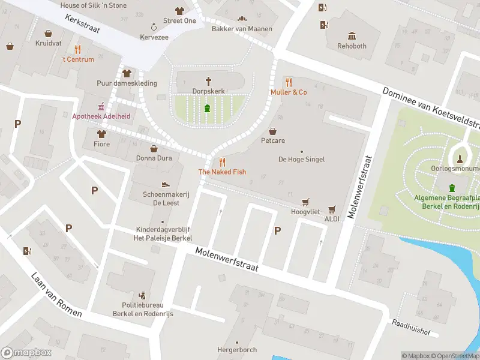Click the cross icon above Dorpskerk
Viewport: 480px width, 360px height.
(209, 80)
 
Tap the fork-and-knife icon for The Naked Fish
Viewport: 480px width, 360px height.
(222, 161)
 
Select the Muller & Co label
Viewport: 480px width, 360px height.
(289, 92)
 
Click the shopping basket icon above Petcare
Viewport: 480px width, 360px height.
(273, 131)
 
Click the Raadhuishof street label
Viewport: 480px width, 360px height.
(412, 323)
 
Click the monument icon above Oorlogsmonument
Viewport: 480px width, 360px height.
(460, 158)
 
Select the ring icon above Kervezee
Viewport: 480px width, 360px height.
(154, 27)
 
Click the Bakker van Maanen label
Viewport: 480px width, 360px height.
(242, 29)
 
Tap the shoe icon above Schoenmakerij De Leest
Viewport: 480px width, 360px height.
(166, 184)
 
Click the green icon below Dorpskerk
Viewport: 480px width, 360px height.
(208, 108)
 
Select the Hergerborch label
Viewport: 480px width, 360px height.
(237, 350)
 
